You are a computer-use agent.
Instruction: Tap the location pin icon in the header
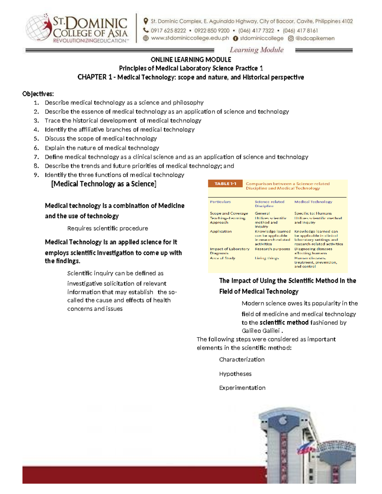(146, 21)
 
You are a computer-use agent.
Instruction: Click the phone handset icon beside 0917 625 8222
(146, 31)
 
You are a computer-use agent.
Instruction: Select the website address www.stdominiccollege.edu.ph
(190, 38)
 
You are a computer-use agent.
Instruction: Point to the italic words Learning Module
(257, 50)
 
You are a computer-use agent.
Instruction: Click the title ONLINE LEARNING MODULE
(191, 59)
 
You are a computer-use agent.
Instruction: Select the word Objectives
(38, 94)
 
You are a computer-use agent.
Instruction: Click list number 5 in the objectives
(36, 139)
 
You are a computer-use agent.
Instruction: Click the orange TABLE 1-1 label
(225, 184)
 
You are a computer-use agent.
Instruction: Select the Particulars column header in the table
(220, 202)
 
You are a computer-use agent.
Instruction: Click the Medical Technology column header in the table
(313, 202)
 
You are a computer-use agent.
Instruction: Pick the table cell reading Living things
(267, 258)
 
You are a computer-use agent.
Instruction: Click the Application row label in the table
(221, 231)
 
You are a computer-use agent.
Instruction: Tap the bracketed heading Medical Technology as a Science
(104, 184)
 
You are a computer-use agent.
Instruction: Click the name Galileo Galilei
(260, 330)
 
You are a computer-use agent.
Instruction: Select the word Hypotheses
(235, 374)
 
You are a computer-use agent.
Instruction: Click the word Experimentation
(242, 388)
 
